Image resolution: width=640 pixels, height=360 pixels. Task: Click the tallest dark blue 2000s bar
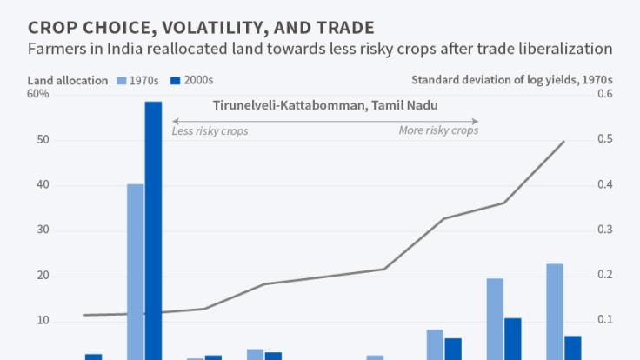click(153, 230)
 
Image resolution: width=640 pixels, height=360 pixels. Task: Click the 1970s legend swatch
click(122, 81)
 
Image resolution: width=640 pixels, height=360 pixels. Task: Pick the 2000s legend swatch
click(176, 81)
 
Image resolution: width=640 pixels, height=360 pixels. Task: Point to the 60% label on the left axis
click(38, 94)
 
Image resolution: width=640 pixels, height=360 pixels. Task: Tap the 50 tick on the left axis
click(42, 140)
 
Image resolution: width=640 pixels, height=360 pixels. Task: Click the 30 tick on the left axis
click(42, 230)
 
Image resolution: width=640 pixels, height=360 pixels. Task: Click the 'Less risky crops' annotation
click(210, 131)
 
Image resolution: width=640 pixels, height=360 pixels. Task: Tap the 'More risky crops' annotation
click(438, 131)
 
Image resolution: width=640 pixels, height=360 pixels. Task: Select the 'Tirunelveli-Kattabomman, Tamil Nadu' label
click(325, 105)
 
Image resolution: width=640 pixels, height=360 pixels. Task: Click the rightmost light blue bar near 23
click(555, 311)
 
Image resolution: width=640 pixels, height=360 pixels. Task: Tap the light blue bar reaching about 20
click(495, 318)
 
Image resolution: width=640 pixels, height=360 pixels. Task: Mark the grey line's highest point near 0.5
click(564, 142)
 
